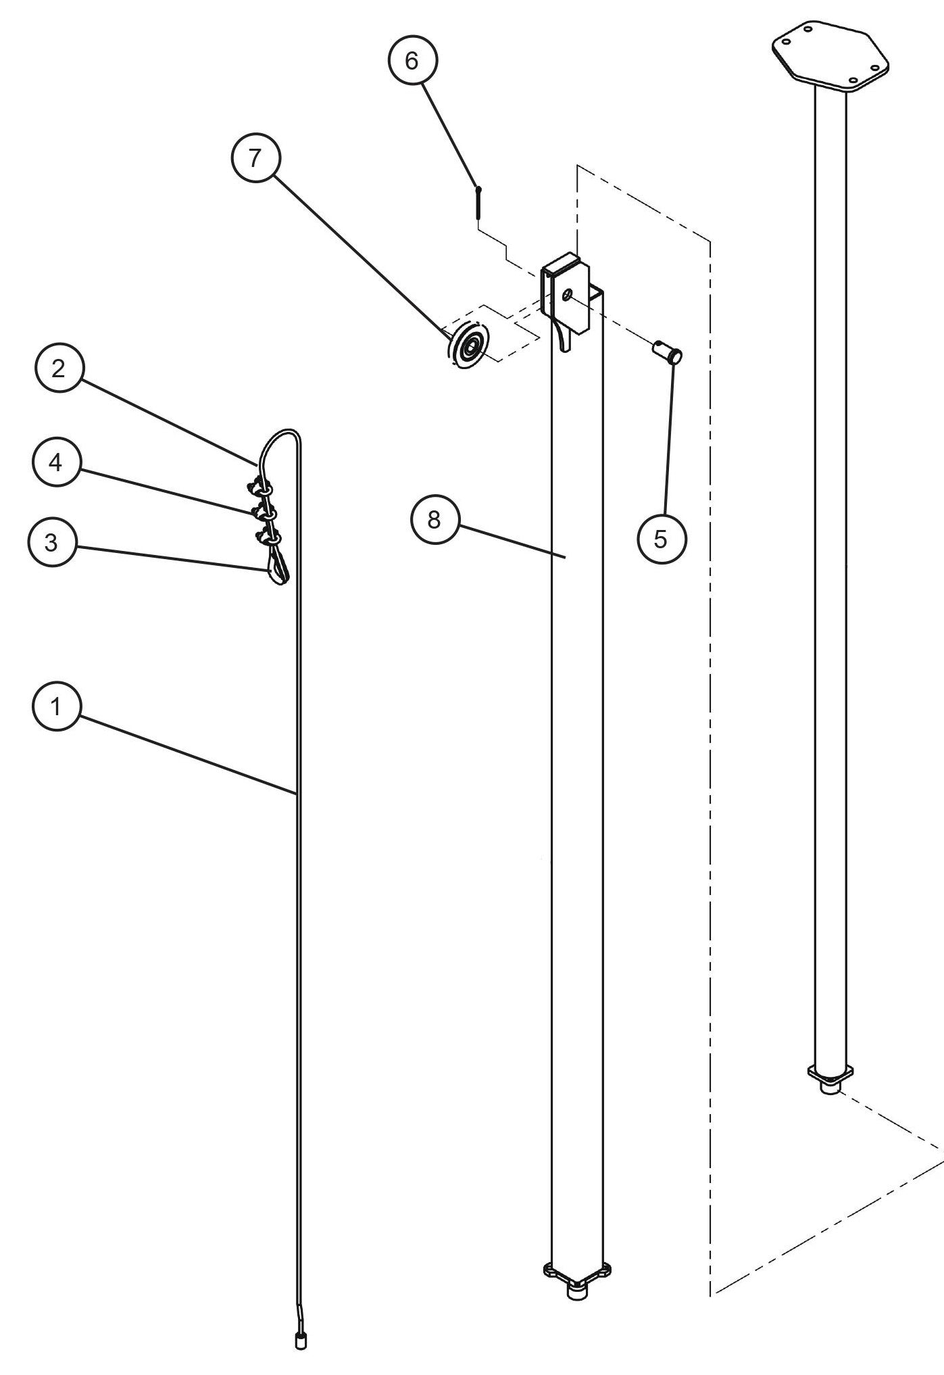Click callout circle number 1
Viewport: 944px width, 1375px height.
click(56, 707)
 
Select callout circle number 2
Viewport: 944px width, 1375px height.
click(59, 369)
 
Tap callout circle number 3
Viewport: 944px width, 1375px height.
click(52, 543)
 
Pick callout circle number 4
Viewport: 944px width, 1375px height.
click(56, 463)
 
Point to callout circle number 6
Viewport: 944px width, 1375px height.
click(412, 61)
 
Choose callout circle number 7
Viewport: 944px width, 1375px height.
click(255, 158)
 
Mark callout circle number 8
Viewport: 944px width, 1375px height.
click(434, 520)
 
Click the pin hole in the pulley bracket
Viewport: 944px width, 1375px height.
click(566, 294)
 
